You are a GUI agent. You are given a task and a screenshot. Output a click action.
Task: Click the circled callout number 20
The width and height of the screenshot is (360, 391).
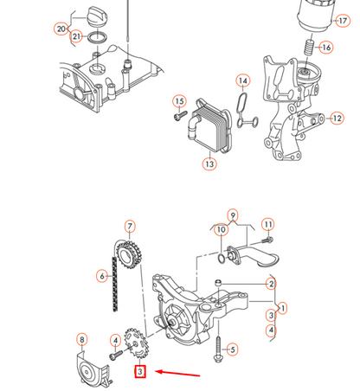pos(61,29)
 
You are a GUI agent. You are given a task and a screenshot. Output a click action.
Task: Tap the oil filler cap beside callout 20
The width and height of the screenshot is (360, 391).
pos(97,18)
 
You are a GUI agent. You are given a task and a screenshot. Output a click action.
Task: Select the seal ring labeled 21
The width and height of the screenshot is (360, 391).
pos(98,37)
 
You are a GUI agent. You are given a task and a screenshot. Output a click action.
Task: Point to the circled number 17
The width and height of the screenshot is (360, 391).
pos(343,21)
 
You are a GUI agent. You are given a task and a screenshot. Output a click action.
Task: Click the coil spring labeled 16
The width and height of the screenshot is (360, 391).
pos(309,47)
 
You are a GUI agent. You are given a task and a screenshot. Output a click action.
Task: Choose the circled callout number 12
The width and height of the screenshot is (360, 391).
pos(337,118)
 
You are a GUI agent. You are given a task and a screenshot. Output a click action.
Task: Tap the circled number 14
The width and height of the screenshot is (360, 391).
pos(243,81)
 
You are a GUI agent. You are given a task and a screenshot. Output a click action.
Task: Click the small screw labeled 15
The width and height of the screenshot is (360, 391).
pos(179,117)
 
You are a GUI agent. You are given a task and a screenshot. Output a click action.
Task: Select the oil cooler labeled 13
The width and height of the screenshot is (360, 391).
pos(209,125)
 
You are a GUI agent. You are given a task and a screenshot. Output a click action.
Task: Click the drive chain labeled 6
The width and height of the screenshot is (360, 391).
pos(114,284)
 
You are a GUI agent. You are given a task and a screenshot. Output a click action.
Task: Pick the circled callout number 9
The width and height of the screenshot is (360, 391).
pos(233,215)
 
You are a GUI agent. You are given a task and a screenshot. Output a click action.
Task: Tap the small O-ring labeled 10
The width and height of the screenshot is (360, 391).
pos(222,259)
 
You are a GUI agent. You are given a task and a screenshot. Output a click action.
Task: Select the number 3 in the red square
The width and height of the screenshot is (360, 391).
pos(140,371)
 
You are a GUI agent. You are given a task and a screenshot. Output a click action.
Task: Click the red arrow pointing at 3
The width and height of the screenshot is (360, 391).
pos(177,373)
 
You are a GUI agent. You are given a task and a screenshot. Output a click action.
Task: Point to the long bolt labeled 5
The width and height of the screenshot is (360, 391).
pos(218,349)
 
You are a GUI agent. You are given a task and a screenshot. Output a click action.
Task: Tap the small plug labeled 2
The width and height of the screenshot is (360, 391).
pos(218,282)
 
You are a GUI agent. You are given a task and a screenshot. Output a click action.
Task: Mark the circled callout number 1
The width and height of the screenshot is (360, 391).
pos(283,308)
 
